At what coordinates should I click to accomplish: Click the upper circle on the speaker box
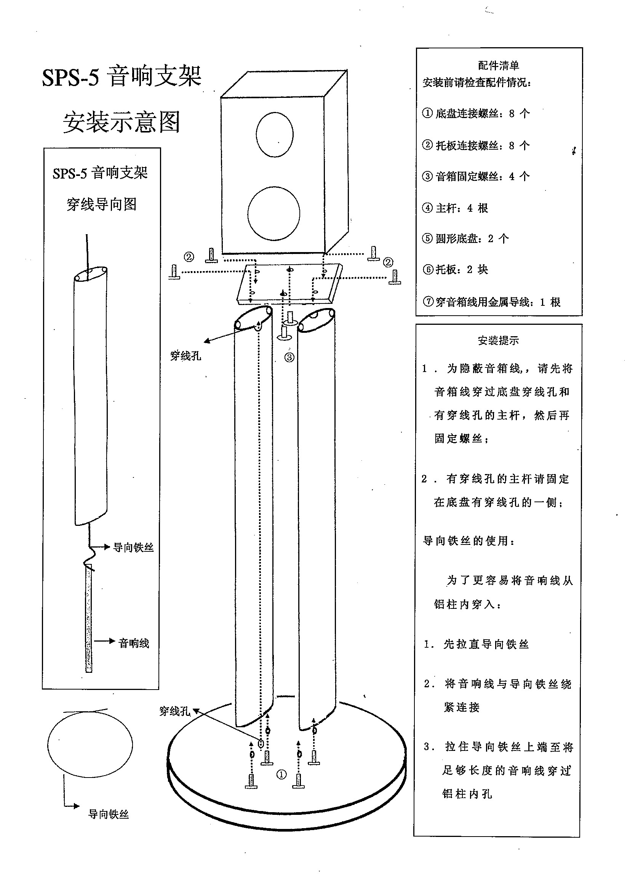[x=275, y=134]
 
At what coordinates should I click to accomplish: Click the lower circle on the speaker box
[x=273, y=214]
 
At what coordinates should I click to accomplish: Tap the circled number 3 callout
[x=289, y=358]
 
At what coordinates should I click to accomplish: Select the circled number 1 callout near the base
[x=281, y=774]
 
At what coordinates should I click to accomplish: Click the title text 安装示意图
[x=122, y=122]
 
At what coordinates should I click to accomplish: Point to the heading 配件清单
[x=499, y=65]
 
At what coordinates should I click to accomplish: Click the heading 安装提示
[x=498, y=340]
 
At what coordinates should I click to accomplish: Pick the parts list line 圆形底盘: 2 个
[x=465, y=238]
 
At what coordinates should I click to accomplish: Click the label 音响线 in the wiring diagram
[x=134, y=643]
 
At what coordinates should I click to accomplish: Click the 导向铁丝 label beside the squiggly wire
[x=133, y=548]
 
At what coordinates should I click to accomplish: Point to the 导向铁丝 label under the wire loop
[x=108, y=814]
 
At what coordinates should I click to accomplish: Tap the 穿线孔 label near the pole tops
[x=185, y=356]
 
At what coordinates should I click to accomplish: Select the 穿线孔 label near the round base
[x=175, y=711]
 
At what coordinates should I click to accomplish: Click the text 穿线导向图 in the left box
[x=101, y=204]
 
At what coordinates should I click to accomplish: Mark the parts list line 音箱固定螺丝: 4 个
[x=475, y=177]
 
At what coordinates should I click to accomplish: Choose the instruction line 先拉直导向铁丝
[x=476, y=644]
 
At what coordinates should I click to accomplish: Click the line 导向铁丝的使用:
[x=469, y=541]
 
